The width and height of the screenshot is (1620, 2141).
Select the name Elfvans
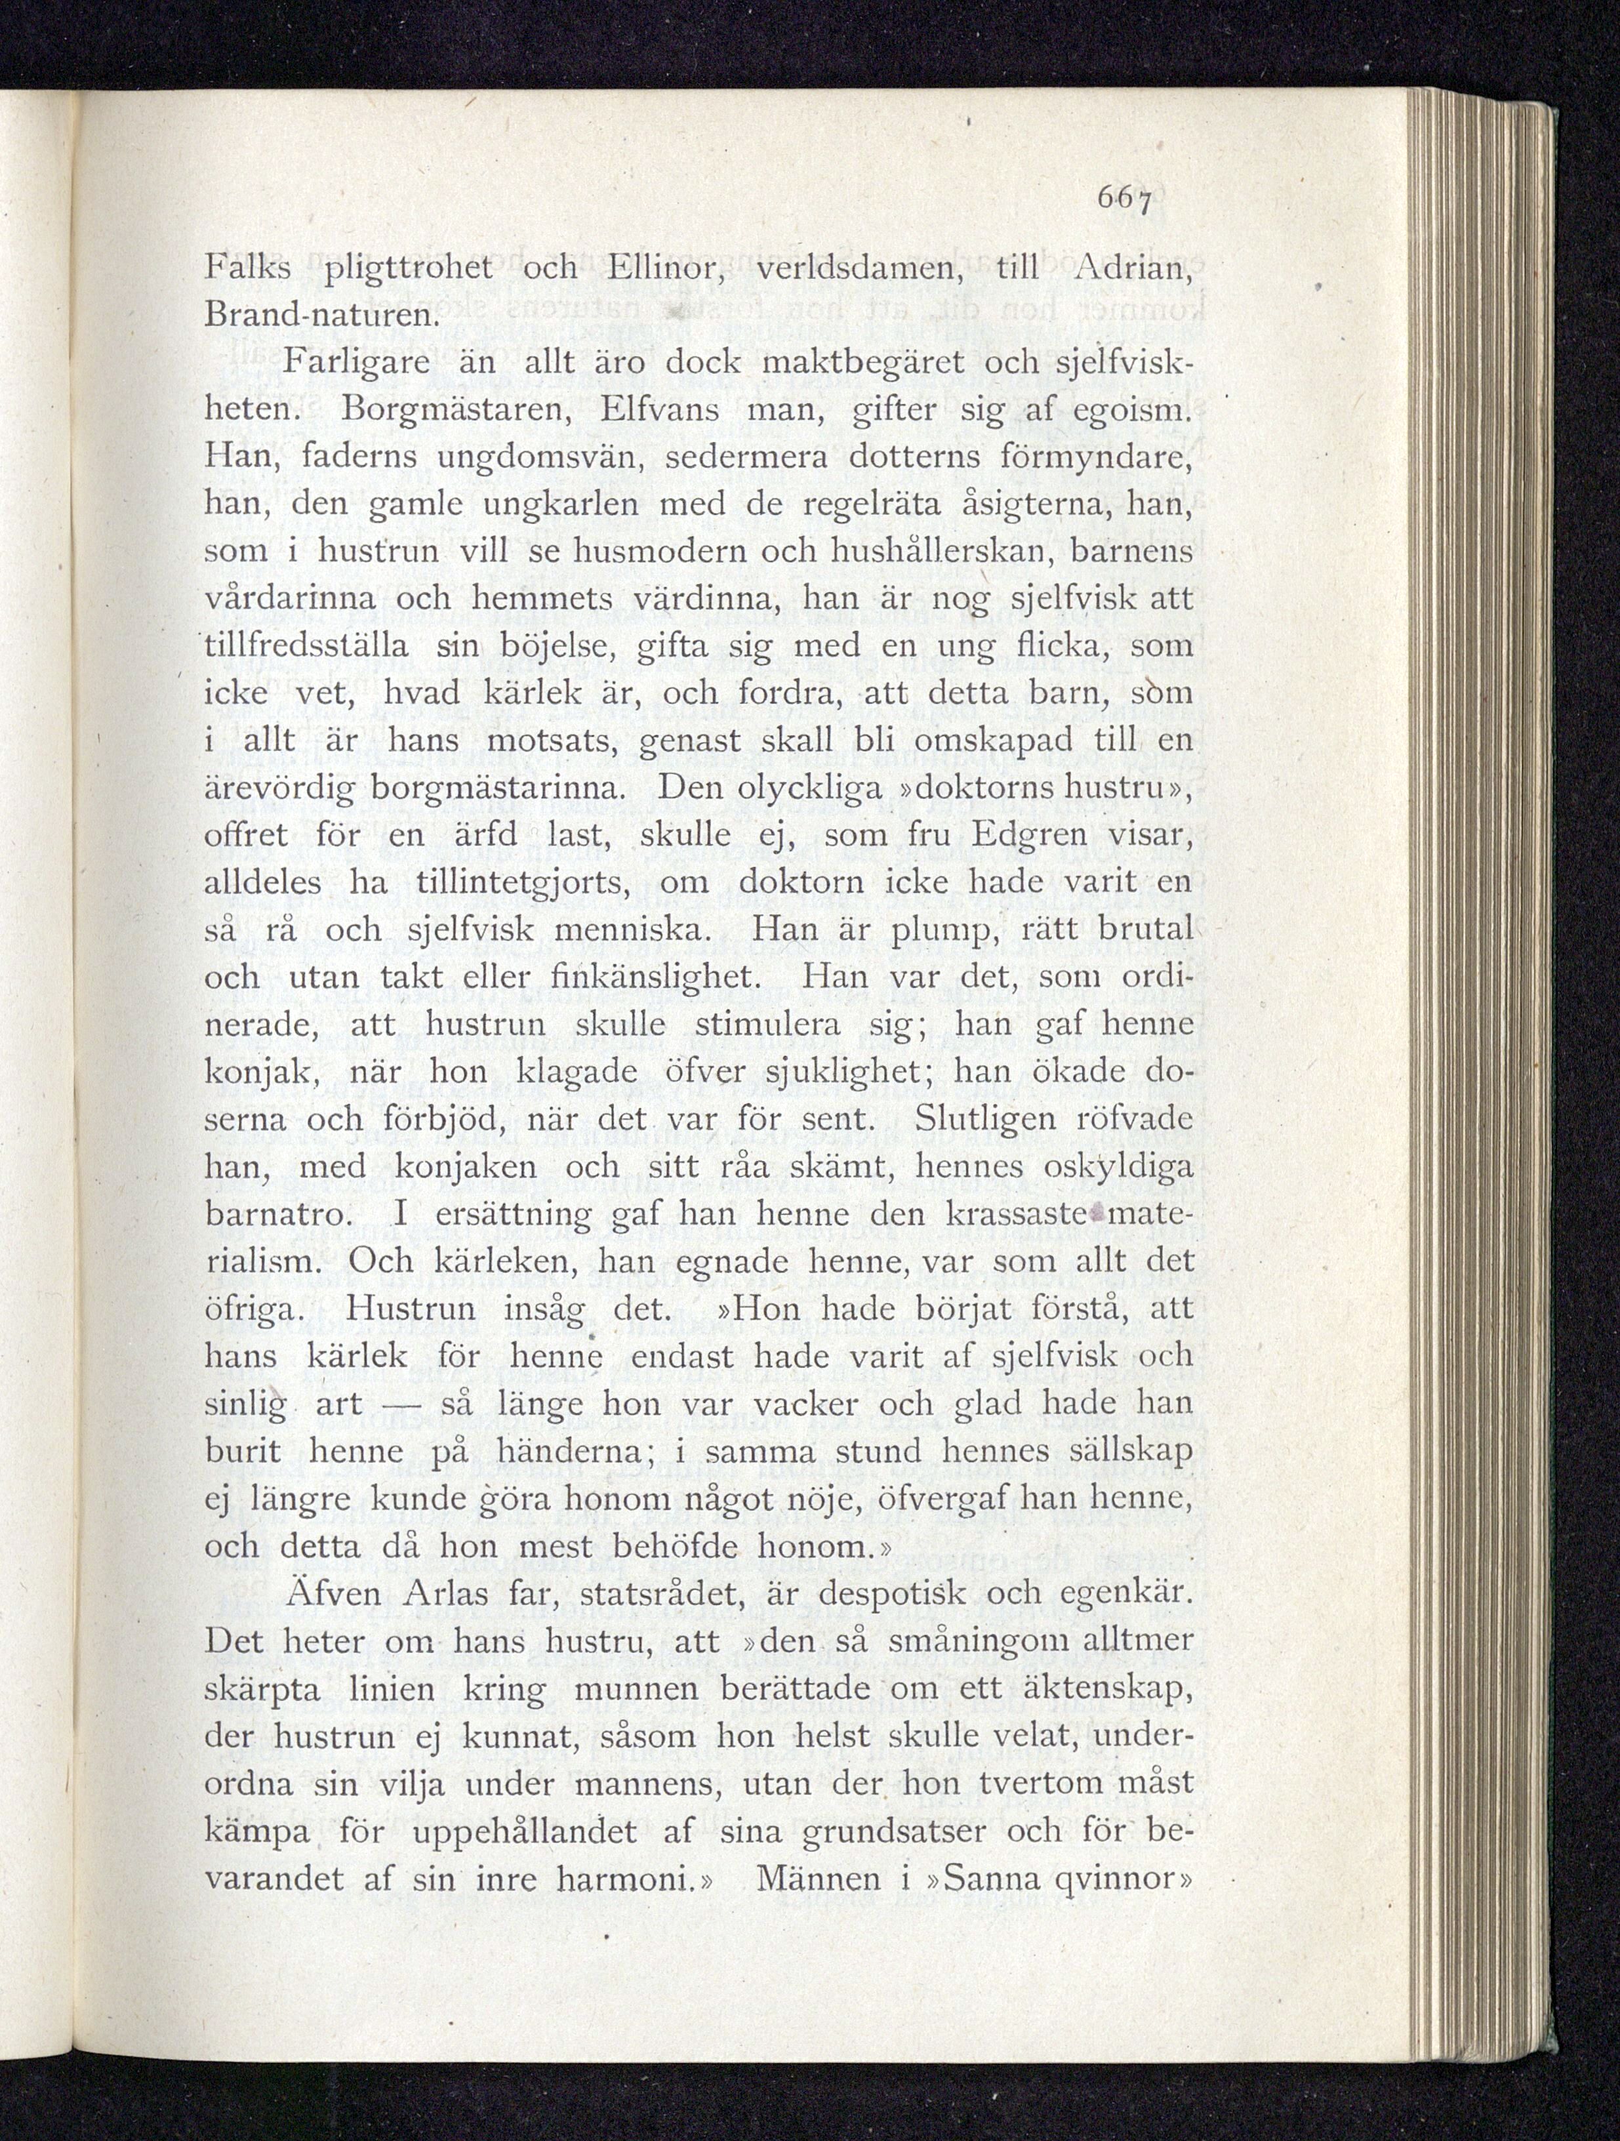[x=658, y=411]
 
